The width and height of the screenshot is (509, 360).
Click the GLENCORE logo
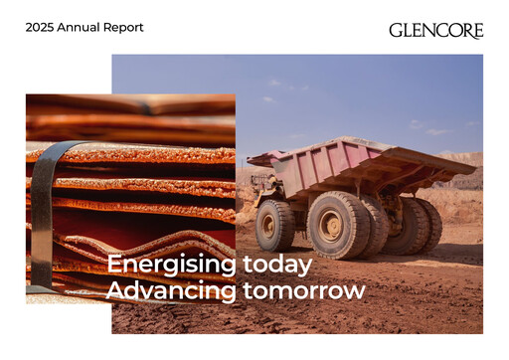436,31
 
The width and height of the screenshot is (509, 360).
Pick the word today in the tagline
277,266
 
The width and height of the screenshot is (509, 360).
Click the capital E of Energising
114,265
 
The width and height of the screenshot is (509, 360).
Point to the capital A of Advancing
116,290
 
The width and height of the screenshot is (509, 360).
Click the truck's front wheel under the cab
274,225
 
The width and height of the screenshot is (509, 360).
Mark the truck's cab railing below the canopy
265,178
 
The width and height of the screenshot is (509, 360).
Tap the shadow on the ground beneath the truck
378,257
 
